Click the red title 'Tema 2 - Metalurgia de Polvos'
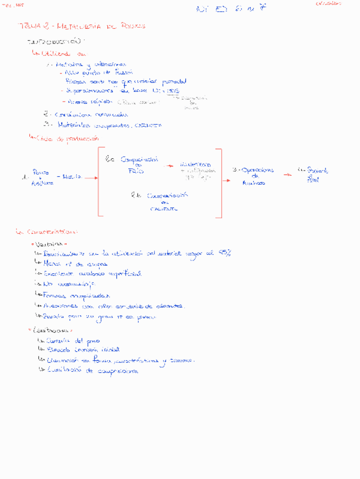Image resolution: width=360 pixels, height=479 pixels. click(x=81, y=26)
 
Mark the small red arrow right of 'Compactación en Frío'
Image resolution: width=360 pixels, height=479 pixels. click(x=168, y=166)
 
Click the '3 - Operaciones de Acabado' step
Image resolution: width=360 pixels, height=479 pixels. click(x=253, y=176)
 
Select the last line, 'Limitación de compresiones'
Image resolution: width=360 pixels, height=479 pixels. click(x=90, y=371)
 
